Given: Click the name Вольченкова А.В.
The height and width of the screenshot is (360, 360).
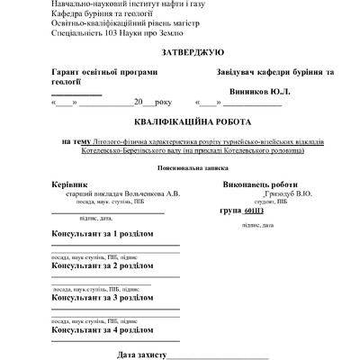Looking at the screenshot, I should pyautogui.click(x=149, y=193).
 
